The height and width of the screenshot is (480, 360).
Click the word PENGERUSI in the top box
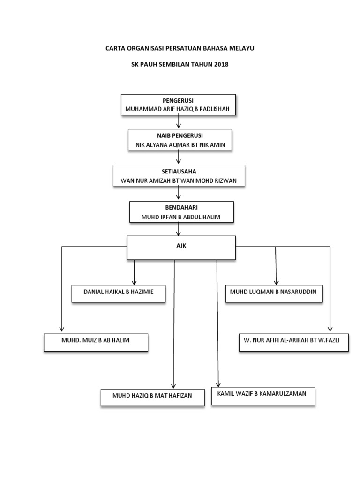(178, 101)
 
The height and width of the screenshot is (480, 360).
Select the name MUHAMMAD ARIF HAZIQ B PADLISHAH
(178, 109)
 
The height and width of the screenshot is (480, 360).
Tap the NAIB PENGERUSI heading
(180, 136)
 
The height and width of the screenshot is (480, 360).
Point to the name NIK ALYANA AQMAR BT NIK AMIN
(180, 145)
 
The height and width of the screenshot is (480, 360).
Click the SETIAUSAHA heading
(179, 172)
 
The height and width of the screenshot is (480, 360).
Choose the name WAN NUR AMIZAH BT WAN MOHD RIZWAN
(179, 180)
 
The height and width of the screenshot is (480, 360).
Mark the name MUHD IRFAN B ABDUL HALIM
(181, 216)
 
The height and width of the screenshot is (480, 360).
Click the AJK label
(181, 246)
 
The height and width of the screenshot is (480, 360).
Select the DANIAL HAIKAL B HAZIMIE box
(118, 292)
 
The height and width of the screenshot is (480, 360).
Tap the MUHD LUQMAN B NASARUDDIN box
(273, 292)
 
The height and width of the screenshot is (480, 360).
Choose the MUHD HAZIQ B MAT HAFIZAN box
(152, 396)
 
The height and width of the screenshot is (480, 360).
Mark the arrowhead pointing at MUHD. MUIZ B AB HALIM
(62, 329)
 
